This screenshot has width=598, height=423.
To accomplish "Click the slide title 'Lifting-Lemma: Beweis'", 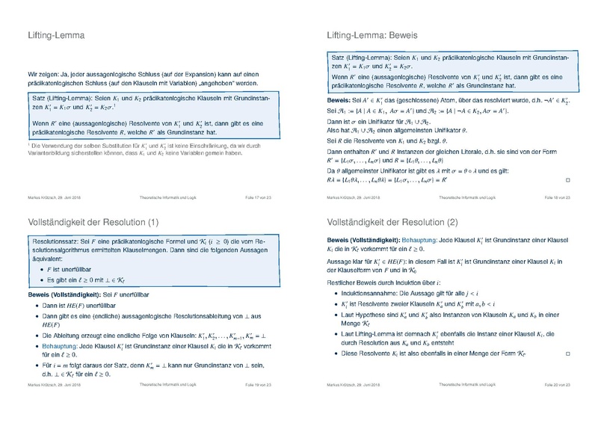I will [372, 34].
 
